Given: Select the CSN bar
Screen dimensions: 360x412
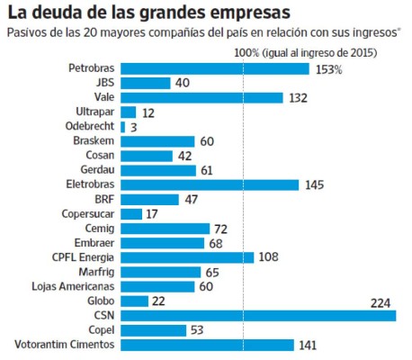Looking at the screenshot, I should (x=257, y=316).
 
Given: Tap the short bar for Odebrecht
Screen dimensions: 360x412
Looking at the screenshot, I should (x=122, y=127).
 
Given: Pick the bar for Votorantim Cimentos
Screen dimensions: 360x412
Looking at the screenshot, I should (x=207, y=345).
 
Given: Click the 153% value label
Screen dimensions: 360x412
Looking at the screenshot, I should (x=328, y=69).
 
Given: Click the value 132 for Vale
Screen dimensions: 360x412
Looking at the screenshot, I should (x=299, y=98).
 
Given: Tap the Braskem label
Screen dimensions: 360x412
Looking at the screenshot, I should (x=93, y=141).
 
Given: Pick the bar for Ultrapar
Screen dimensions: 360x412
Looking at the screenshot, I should (x=127, y=112).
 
